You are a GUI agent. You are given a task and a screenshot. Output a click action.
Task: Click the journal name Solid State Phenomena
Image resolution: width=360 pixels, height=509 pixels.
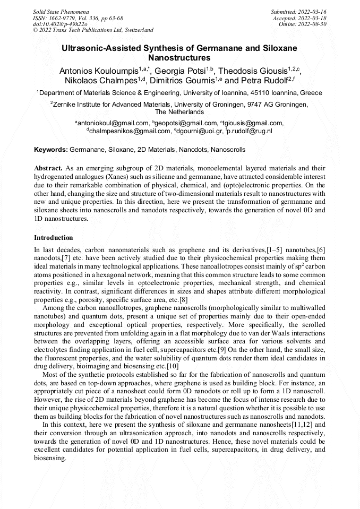[60, 12]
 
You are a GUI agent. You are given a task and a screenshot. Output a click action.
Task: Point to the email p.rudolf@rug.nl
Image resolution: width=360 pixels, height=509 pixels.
[250, 131]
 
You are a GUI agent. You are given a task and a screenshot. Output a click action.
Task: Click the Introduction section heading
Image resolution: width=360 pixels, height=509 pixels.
[53, 237]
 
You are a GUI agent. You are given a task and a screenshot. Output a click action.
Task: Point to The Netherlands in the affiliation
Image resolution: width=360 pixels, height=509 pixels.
[179, 112]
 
